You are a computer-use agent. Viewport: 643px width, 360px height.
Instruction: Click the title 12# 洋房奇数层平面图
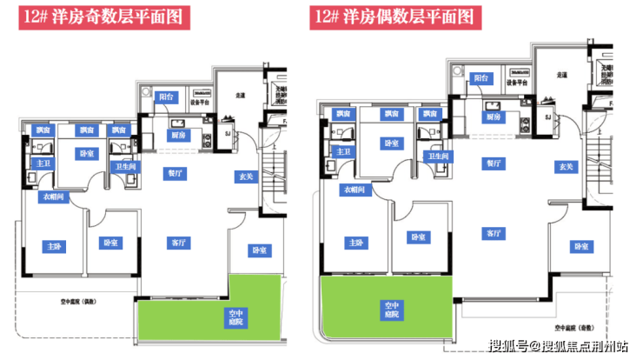click(x=105, y=17)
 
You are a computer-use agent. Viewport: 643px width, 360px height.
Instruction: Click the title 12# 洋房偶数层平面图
click(x=394, y=17)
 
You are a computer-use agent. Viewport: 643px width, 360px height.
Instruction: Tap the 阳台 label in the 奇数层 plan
click(x=165, y=97)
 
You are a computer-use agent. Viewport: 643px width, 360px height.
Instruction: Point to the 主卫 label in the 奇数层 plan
click(x=42, y=163)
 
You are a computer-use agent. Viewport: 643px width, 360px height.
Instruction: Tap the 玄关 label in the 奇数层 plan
click(x=246, y=177)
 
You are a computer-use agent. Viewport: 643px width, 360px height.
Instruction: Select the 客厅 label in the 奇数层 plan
click(x=181, y=243)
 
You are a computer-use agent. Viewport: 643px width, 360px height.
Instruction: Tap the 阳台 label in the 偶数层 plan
click(x=481, y=78)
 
